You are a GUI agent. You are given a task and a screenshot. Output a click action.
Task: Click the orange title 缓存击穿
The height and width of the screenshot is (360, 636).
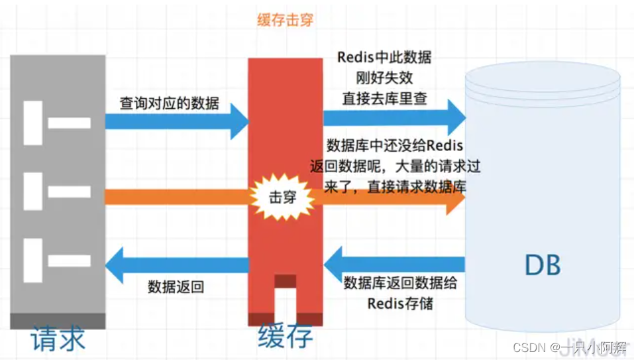(285, 20)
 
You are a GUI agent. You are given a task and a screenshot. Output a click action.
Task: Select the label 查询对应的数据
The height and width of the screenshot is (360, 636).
(170, 103)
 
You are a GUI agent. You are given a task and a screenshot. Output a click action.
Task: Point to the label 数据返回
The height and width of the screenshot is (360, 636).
(176, 287)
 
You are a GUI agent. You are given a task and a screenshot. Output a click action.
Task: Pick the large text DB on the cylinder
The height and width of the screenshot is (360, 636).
(543, 265)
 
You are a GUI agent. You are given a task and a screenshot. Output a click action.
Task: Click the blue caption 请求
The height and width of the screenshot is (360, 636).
(58, 339)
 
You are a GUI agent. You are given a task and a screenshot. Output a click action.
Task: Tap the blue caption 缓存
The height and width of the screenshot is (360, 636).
(285, 337)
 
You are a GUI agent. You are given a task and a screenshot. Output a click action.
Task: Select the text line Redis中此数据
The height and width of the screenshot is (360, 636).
(384, 57)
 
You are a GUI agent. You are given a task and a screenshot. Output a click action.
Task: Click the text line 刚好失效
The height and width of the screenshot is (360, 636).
(384, 78)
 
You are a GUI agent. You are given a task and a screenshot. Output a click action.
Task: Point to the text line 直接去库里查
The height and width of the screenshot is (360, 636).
(384, 98)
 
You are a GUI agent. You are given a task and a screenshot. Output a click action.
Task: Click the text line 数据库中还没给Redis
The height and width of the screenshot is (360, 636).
(395, 145)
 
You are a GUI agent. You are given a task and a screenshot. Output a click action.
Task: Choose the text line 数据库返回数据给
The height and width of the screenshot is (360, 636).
(400, 283)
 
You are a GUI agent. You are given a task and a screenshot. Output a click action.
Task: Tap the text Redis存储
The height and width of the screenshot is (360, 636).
(400, 304)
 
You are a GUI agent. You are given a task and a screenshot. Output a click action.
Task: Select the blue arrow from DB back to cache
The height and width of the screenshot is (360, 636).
(394, 262)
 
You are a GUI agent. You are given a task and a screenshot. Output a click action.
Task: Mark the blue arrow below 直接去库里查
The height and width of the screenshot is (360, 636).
(395, 118)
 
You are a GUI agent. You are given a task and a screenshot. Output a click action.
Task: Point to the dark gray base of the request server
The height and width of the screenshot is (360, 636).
(58, 321)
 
